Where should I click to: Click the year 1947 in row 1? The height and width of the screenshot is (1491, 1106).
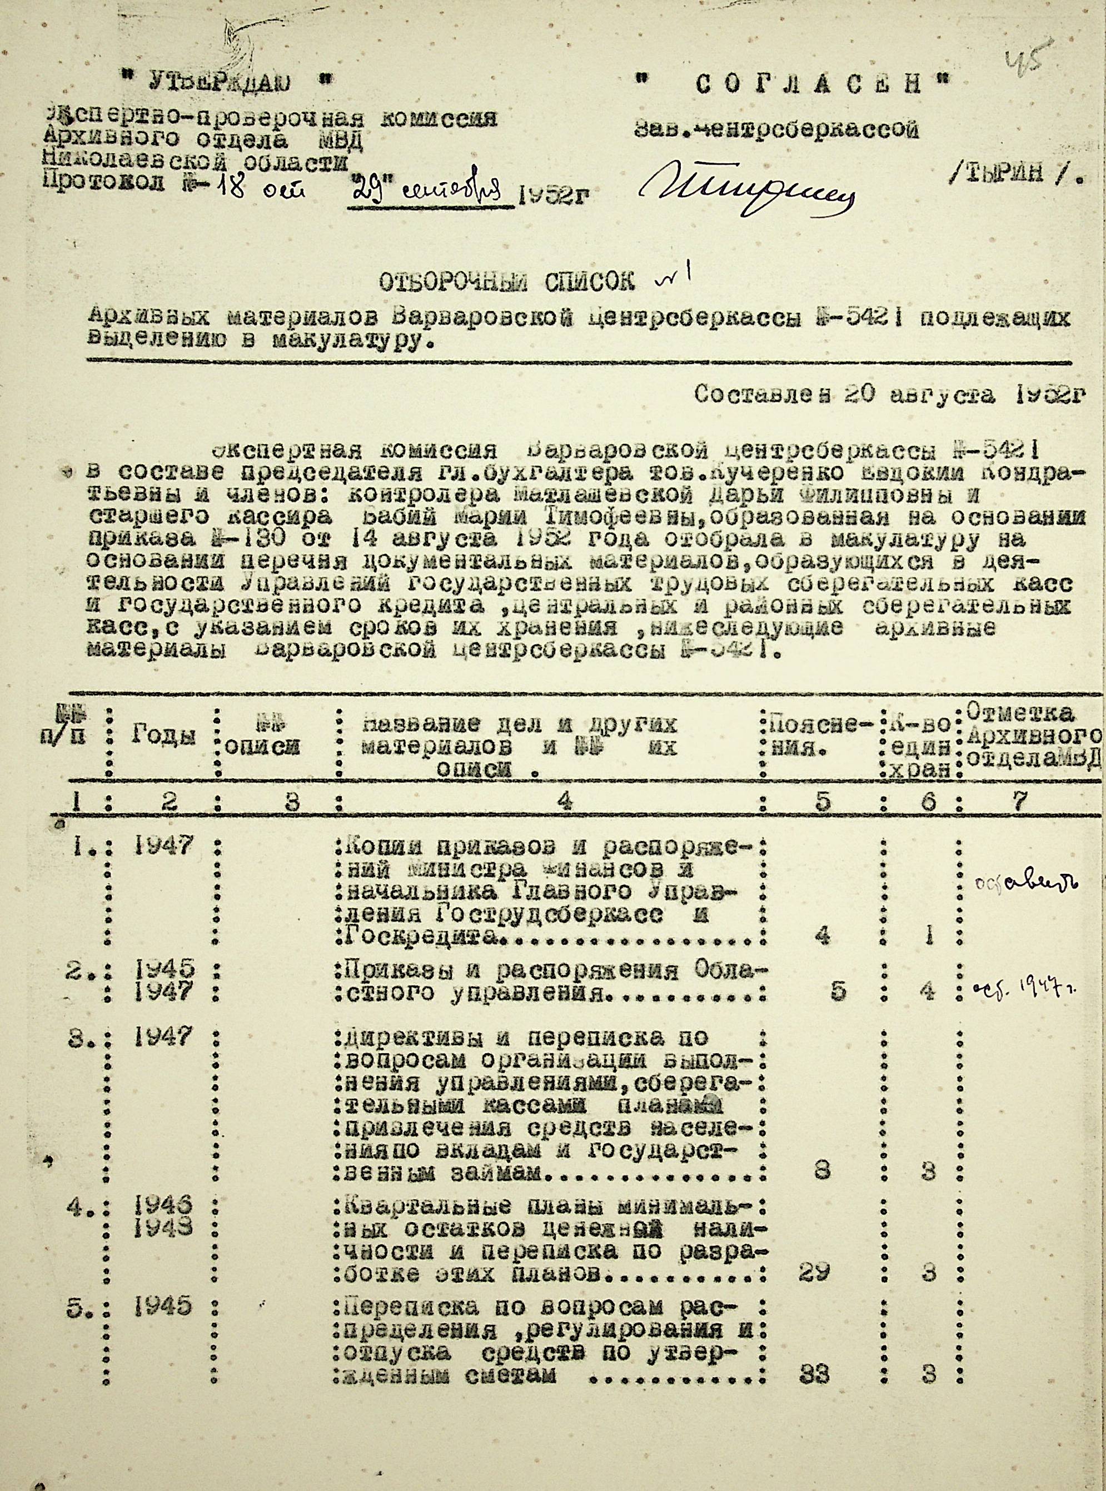click(x=164, y=847)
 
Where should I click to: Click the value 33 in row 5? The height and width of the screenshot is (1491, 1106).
click(x=814, y=1393)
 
